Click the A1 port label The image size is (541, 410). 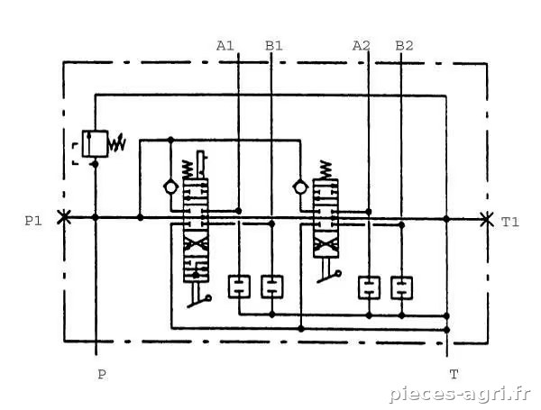click(225, 46)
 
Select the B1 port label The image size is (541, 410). click(274, 46)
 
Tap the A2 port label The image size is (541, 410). click(362, 46)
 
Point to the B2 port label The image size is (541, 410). click(404, 46)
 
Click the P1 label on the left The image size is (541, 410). click(33, 221)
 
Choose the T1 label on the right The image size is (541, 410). click(510, 222)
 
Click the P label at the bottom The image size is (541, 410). click(101, 374)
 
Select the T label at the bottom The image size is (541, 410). click(454, 374)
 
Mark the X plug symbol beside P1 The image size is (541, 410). click(64, 217)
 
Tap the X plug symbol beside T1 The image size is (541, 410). click(487, 219)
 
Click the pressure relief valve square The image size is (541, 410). click(95, 144)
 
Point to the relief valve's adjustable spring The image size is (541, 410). click(117, 143)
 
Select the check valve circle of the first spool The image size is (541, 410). click(170, 187)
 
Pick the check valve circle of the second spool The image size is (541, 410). click(300, 187)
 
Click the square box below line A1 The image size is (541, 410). click(239, 287)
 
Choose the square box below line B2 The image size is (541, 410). click(401, 287)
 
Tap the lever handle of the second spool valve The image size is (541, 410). click(329, 272)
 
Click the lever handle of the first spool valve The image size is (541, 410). click(198, 295)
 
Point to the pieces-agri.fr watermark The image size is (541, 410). click(460, 394)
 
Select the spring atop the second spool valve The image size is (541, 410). click(326, 169)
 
